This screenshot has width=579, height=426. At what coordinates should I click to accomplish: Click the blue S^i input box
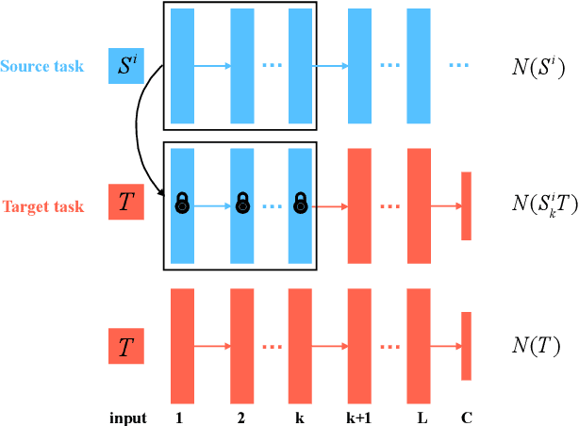pos(126,66)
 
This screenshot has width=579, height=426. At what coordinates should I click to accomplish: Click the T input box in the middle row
pos(126,203)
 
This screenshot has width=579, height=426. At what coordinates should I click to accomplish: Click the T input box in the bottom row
pos(126,347)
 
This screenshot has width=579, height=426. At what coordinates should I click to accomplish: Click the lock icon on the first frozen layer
pos(182,201)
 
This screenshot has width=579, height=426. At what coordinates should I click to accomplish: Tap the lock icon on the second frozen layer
pos(242,201)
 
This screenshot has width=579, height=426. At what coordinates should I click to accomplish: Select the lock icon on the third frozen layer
pos(301,201)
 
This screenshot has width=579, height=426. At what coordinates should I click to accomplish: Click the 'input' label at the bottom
pos(128,418)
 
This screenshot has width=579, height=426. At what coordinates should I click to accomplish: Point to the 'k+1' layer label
pos(360,418)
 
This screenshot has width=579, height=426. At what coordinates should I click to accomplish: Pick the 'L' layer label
pos(419,418)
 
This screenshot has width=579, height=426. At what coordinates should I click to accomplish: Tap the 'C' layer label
pos(466,418)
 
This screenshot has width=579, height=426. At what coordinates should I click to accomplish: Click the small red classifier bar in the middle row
pos(466,206)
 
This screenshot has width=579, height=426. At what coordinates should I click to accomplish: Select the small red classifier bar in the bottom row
pos(466,346)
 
